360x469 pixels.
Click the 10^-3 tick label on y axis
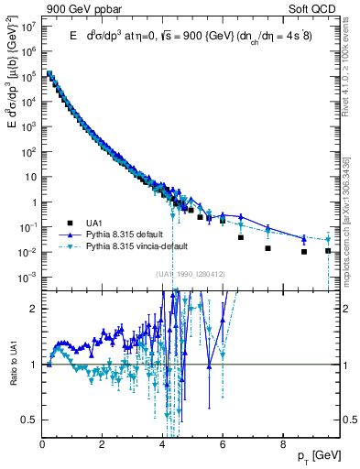[x=27, y=277]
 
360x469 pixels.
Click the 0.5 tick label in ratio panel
[x=29, y=420]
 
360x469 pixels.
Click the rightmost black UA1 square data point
[x=328, y=250]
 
